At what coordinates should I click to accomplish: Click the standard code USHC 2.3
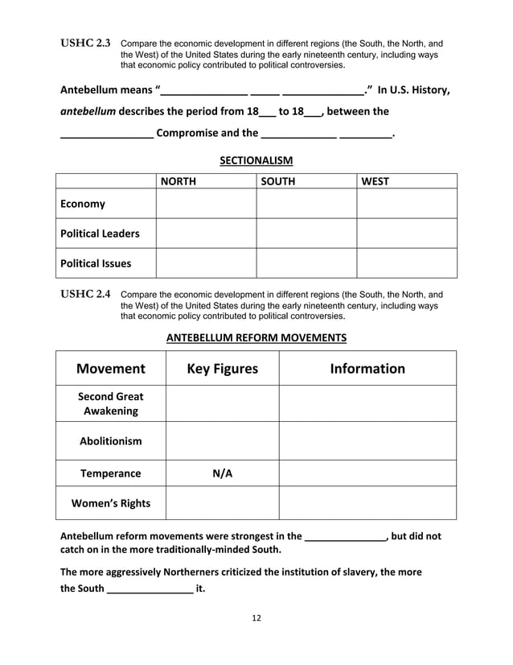tap(87, 43)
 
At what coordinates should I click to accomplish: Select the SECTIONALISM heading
tap(256, 161)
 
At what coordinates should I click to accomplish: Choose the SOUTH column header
tap(278, 182)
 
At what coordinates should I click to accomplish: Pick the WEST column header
tap(376, 182)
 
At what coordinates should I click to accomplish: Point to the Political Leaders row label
tap(100, 233)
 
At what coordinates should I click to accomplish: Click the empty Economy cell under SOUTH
tap(306, 204)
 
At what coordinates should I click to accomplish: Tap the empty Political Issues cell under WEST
tap(407, 262)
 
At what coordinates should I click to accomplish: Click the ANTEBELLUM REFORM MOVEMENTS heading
tap(256, 337)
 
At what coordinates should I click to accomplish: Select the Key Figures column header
tap(222, 369)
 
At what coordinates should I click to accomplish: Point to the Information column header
tap(367, 369)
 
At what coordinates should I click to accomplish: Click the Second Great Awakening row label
tap(111, 403)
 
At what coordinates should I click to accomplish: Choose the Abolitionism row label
tap(111, 441)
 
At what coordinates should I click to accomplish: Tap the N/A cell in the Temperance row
tap(222, 473)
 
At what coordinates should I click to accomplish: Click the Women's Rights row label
tap(111, 503)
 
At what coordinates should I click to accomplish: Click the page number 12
tap(256, 617)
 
